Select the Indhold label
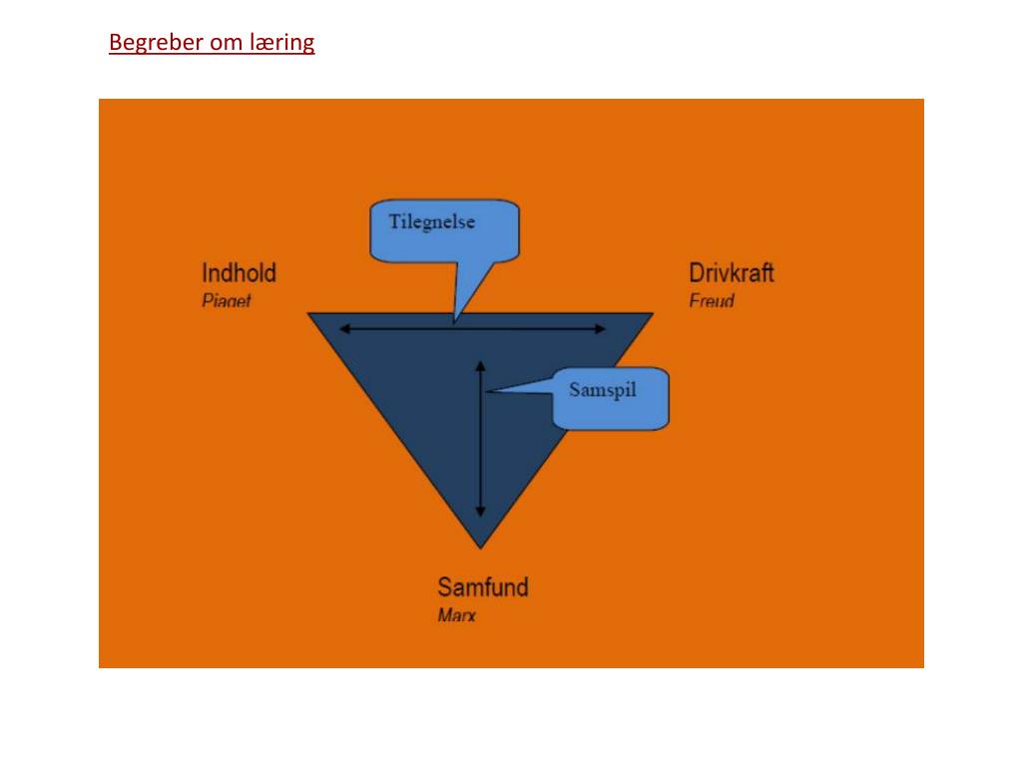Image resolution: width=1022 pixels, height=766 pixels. tap(239, 272)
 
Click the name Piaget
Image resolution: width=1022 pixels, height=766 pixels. tap(227, 300)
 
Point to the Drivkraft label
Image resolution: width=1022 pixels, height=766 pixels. tap(732, 272)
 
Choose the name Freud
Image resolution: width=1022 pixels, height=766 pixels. tap(712, 300)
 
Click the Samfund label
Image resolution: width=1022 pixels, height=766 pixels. tap(483, 586)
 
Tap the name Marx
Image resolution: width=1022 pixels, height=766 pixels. tap(457, 614)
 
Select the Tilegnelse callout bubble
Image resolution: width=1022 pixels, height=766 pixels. tap(444, 229)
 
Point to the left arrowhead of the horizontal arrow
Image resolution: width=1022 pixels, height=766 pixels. tap(343, 328)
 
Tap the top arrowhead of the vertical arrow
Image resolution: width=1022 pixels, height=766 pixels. tap(480, 366)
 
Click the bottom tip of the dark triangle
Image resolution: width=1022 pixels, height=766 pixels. tap(480, 547)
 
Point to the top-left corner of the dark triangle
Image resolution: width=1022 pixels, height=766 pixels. tap(310, 314)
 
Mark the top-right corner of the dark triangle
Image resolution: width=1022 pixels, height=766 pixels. tap(652, 314)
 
